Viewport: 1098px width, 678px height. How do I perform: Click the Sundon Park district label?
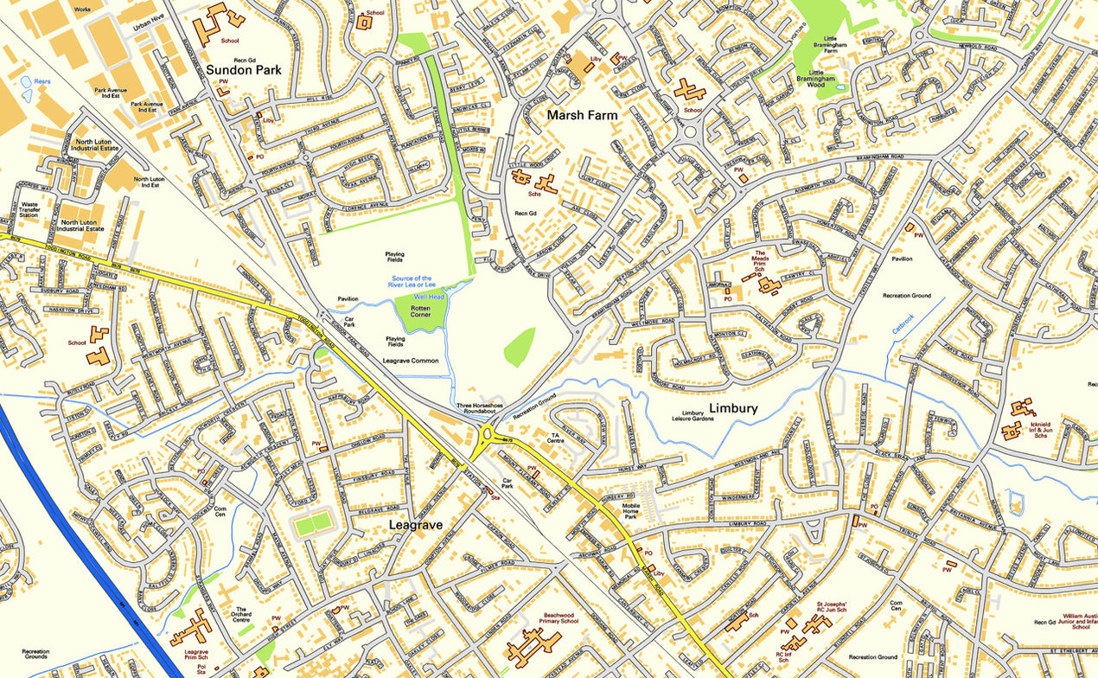tap(244, 69)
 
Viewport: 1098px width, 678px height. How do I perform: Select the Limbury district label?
tap(733, 408)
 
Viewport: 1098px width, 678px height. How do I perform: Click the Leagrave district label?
tap(416, 525)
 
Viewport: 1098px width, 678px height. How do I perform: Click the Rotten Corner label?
tap(420, 311)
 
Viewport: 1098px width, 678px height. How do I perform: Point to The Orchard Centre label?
tap(242, 614)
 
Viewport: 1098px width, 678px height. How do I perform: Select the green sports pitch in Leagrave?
tap(312, 522)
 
